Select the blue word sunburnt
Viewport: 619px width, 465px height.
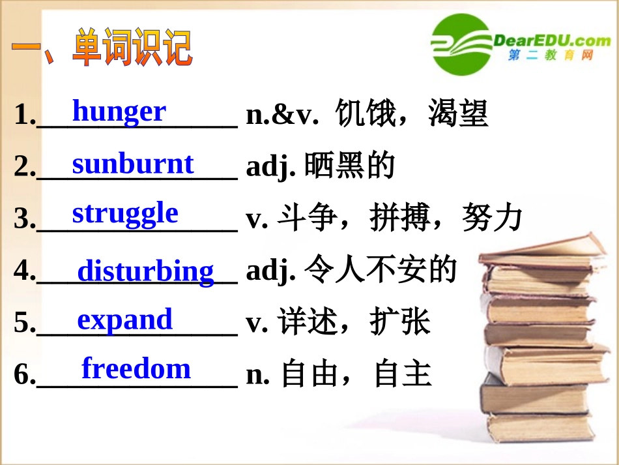[x=133, y=164]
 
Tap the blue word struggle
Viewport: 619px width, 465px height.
[x=125, y=214]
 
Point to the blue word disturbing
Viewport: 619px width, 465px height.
[x=145, y=271]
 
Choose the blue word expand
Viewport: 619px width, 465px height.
[x=124, y=320]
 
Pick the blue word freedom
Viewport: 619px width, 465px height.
[x=136, y=368]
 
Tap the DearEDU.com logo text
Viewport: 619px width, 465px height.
[x=552, y=40]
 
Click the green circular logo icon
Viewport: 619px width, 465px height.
[x=461, y=44]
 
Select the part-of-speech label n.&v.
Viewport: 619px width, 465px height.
[x=282, y=115]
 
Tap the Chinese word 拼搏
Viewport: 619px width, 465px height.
[x=399, y=218]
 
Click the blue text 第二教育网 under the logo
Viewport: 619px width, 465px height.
[x=551, y=56]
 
